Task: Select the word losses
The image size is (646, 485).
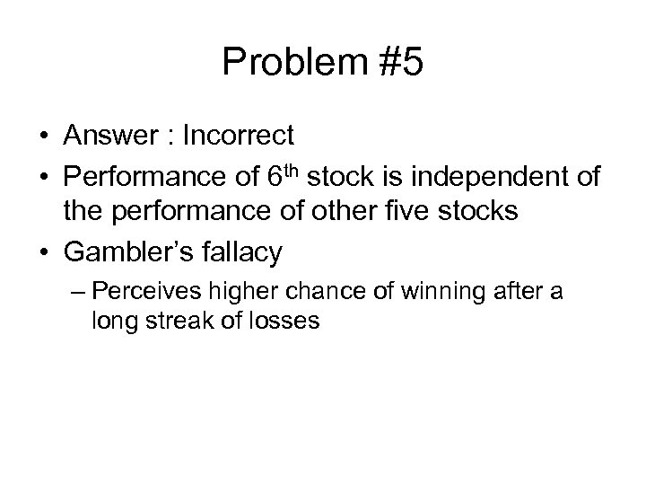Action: coord(284,321)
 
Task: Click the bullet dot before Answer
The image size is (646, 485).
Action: coord(44,137)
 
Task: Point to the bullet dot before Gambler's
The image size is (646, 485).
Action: coord(44,252)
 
